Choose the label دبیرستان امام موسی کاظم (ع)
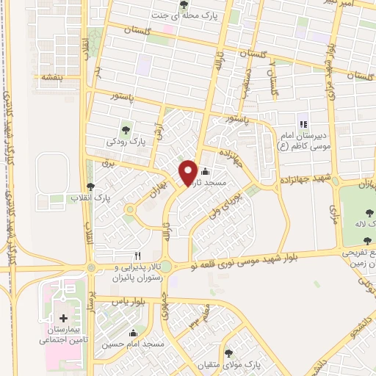301,140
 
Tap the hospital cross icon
62,319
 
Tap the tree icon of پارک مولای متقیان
228,352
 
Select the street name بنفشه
51,76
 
